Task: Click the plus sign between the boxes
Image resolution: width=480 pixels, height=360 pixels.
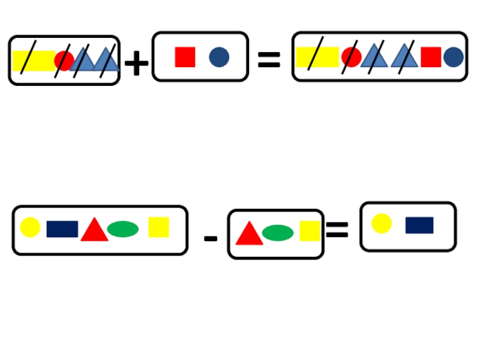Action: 137,62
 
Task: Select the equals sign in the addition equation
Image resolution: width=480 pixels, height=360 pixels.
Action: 269,59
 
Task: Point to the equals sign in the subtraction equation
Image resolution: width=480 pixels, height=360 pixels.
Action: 337,229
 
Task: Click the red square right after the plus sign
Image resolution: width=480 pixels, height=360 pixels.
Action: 185,57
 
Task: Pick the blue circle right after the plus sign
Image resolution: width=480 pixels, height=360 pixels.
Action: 219,57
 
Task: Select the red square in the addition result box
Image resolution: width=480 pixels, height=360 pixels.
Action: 431,57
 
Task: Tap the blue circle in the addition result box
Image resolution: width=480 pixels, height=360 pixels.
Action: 454,57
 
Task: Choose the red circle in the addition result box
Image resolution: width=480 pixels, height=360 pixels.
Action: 351,57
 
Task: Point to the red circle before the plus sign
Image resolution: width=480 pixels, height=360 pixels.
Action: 64,61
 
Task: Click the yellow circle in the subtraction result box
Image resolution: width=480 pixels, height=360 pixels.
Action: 382,223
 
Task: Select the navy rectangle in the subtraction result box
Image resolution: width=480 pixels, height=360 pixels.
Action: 419,225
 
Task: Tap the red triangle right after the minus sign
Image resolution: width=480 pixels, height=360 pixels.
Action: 249,233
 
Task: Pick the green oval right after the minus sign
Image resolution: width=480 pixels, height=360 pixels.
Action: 278,232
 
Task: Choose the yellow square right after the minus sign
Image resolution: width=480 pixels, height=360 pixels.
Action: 310,231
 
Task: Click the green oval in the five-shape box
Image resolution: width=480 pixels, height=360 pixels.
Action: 123,229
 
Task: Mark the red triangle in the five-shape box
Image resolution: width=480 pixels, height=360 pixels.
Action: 94,230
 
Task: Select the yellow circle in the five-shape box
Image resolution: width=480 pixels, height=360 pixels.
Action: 30,227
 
